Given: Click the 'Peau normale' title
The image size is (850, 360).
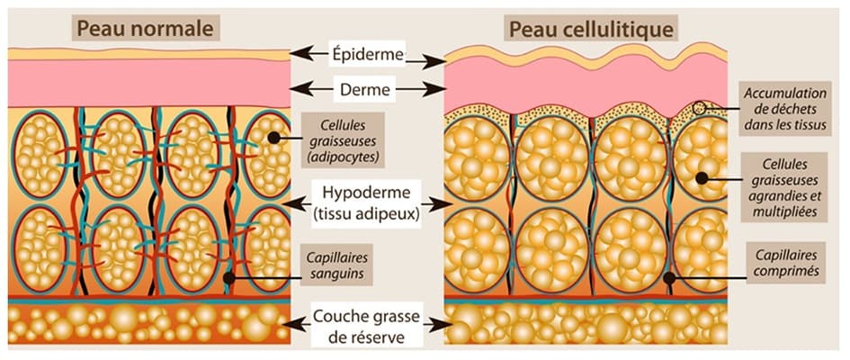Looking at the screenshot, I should coord(145,29).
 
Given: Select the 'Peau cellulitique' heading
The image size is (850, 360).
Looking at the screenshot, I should coord(592,29).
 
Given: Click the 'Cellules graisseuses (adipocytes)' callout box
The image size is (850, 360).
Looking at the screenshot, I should coord(341,140).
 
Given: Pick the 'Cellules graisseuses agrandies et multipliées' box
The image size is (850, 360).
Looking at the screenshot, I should coord(785,185).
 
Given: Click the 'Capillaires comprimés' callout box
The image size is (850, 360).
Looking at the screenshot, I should coord(785,260).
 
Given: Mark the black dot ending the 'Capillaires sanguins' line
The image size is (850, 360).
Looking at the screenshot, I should coord(230,277).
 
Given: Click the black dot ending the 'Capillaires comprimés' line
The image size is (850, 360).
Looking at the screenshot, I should coord(667,277).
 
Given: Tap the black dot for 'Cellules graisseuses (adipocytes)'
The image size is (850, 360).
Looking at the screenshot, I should coord(271,138).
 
